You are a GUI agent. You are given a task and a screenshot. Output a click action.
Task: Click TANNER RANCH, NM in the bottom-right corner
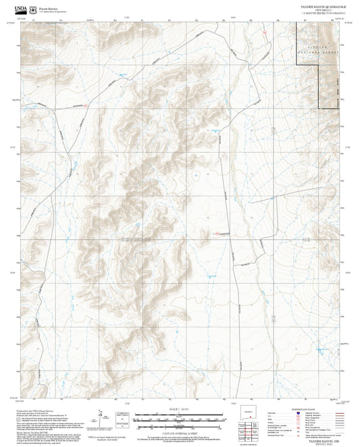tap(329, 440)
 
